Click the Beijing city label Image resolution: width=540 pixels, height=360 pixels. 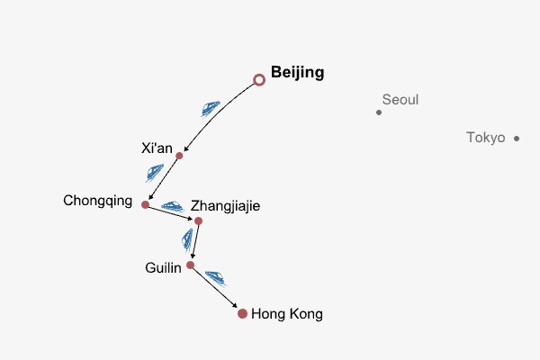297,73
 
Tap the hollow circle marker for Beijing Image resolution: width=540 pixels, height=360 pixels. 260,80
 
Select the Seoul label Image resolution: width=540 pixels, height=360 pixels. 400,100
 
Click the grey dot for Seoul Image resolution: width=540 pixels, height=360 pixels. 379,112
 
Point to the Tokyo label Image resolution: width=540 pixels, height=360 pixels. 486,138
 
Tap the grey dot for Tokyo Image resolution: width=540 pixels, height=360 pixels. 517,138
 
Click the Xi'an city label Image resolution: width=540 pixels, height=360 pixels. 157,148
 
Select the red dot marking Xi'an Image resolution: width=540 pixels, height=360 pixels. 179,156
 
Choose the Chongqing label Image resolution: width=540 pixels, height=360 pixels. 98,200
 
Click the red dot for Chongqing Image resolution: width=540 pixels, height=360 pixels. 145,204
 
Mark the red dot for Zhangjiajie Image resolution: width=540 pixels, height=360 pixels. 198,220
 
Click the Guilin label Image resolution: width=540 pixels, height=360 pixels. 163,268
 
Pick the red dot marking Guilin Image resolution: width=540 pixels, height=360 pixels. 190,265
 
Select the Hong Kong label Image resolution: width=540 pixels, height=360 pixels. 287,314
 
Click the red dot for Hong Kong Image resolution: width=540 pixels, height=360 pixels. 242,313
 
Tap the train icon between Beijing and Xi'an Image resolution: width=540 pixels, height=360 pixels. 211,109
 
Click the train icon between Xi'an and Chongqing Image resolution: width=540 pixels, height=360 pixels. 155,172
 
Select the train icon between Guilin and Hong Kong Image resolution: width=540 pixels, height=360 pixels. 216,278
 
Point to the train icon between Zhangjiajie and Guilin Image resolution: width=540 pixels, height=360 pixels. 187,239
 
